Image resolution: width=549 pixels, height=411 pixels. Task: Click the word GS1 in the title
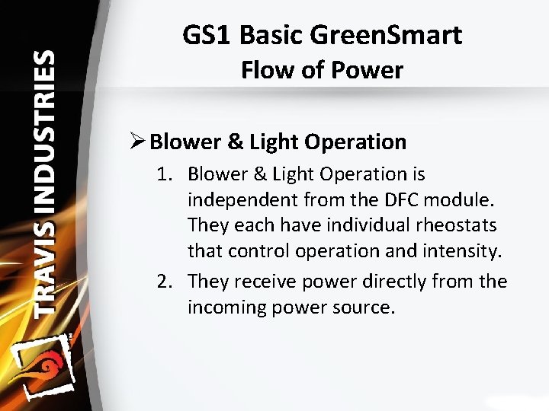(x=207, y=35)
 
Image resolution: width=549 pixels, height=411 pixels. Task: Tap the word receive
(x=264, y=282)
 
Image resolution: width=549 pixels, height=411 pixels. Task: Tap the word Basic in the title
(x=271, y=35)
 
